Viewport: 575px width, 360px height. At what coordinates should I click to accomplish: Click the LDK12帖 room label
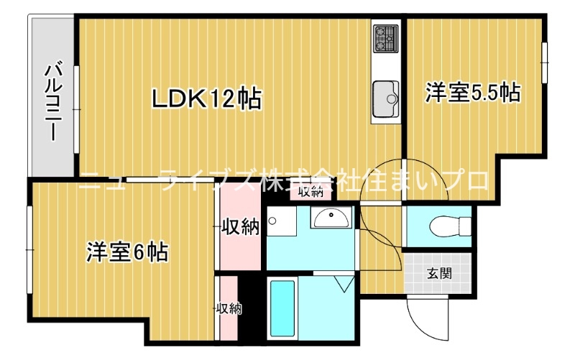(207, 98)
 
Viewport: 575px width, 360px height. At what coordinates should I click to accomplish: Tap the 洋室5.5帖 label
(473, 93)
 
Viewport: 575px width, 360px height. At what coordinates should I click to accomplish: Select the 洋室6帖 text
(128, 252)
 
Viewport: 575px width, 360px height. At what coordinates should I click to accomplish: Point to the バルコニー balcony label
(53, 103)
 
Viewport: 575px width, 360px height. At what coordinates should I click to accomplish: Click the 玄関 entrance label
(439, 274)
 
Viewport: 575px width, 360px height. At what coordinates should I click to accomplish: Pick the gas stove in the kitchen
(386, 39)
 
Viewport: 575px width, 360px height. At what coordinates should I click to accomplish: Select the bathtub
(282, 309)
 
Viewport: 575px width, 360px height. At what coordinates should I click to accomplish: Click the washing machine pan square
(281, 221)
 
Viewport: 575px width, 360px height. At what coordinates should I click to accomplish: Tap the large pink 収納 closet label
(240, 227)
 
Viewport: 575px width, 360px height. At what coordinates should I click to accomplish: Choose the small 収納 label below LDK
(311, 192)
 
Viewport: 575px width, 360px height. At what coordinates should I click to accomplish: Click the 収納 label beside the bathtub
(229, 308)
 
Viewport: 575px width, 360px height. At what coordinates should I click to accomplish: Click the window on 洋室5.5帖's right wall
(544, 63)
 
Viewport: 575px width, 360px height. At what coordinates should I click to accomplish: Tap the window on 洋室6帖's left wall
(29, 249)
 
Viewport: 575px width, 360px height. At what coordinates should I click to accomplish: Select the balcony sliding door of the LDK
(76, 109)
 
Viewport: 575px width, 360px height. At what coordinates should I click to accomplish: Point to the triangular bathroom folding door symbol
(345, 284)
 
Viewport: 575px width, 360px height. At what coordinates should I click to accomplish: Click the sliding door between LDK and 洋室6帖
(170, 180)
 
